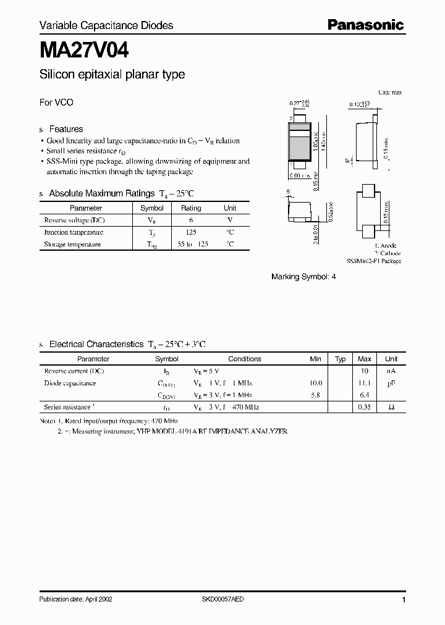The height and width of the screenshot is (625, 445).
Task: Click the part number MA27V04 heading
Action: point(84,49)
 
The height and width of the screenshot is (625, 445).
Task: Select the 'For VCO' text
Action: point(56,103)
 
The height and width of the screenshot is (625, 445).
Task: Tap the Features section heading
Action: point(66,129)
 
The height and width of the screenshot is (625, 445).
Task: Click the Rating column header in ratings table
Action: point(191,208)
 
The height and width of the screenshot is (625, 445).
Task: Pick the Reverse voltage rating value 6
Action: point(191,220)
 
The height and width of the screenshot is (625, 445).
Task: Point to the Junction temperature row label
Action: point(74,232)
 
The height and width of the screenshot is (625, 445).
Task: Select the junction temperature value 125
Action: point(191,232)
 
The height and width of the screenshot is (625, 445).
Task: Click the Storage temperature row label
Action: point(72,244)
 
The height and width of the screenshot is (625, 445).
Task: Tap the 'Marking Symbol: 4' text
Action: point(303,277)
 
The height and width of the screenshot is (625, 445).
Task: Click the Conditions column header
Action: point(245,359)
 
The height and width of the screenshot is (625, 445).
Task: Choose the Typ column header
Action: point(341,359)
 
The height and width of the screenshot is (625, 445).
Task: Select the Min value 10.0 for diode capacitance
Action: point(316,383)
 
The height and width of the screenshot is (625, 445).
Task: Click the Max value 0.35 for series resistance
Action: point(365,407)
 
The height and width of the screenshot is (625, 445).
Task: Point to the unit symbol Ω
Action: point(391,407)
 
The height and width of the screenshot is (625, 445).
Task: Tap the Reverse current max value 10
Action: point(365,371)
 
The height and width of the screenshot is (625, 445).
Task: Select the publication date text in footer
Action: point(75,600)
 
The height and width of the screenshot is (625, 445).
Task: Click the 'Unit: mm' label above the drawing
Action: point(389,92)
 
